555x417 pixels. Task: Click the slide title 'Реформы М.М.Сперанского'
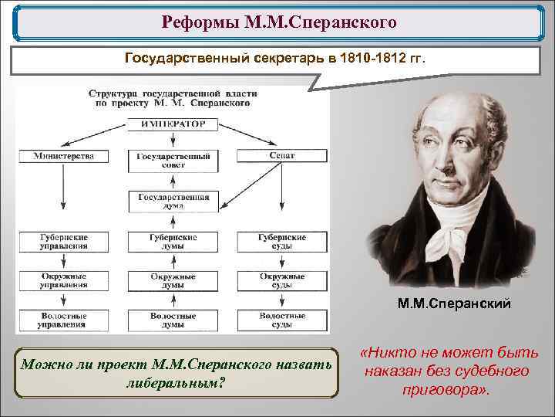click(279, 22)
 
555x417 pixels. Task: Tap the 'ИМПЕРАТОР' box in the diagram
click(173, 124)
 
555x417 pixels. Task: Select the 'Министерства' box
click(64, 156)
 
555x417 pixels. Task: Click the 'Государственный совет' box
click(173, 161)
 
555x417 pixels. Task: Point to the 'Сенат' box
click(282, 156)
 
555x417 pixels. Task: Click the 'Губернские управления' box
click(64, 242)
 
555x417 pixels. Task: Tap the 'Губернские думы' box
click(173, 242)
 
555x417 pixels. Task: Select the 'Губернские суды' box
click(282, 242)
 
